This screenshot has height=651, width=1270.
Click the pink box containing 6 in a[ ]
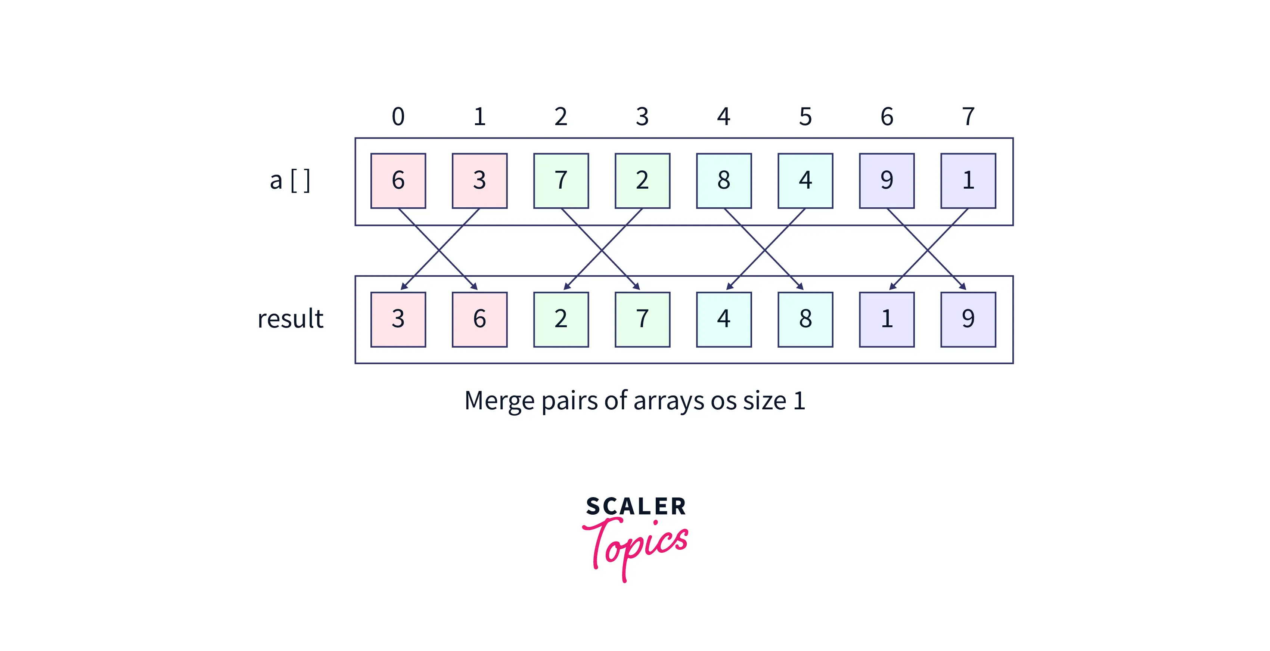pyautogui.click(x=398, y=180)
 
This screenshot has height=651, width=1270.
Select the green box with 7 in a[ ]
pyautogui.click(x=561, y=180)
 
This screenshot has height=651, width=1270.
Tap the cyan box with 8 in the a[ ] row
pyautogui.click(x=724, y=180)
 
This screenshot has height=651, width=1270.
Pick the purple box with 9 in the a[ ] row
pyautogui.click(x=886, y=180)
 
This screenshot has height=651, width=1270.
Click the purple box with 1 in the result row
pyautogui.click(x=886, y=319)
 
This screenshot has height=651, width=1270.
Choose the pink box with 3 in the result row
pyautogui.click(x=398, y=319)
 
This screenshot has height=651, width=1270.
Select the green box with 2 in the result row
pyautogui.click(x=561, y=319)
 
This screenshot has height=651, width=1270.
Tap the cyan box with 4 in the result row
pyautogui.click(x=724, y=319)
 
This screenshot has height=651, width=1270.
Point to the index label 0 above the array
pyautogui.click(x=398, y=117)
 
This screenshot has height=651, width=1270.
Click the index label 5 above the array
pyautogui.click(x=805, y=117)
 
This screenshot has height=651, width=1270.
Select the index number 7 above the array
pyautogui.click(x=968, y=117)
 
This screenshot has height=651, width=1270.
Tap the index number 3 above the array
pyautogui.click(x=642, y=117)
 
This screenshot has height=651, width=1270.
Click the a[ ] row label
pyautogui.click(x=290, y=180)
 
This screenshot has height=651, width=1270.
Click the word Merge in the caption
pyautogui.click(x=499, y=400)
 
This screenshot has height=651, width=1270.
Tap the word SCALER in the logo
pyautogui.click(x=636, y=506)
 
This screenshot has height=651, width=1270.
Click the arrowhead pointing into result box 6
pyautogui.click(x=474, y=286)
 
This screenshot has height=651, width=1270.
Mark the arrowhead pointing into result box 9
pyautogui.click(x=963, y=286)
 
